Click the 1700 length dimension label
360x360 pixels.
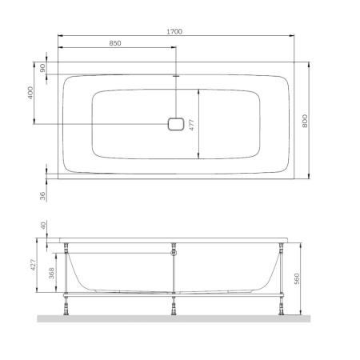(x=174, y=32)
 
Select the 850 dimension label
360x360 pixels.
(x=115, y=43)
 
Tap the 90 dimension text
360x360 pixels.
(x=42, y=68)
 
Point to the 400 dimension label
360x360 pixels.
(x=30, y=93)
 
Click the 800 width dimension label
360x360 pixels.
(x=305, y=121)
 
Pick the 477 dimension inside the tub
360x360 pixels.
(x=191, y=125)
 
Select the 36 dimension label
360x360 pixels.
(x=42, y=196)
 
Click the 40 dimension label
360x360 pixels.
(x=43, y=226)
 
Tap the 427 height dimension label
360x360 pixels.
(x=33, y=265)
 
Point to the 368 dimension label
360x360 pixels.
(x=51, y=273)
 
